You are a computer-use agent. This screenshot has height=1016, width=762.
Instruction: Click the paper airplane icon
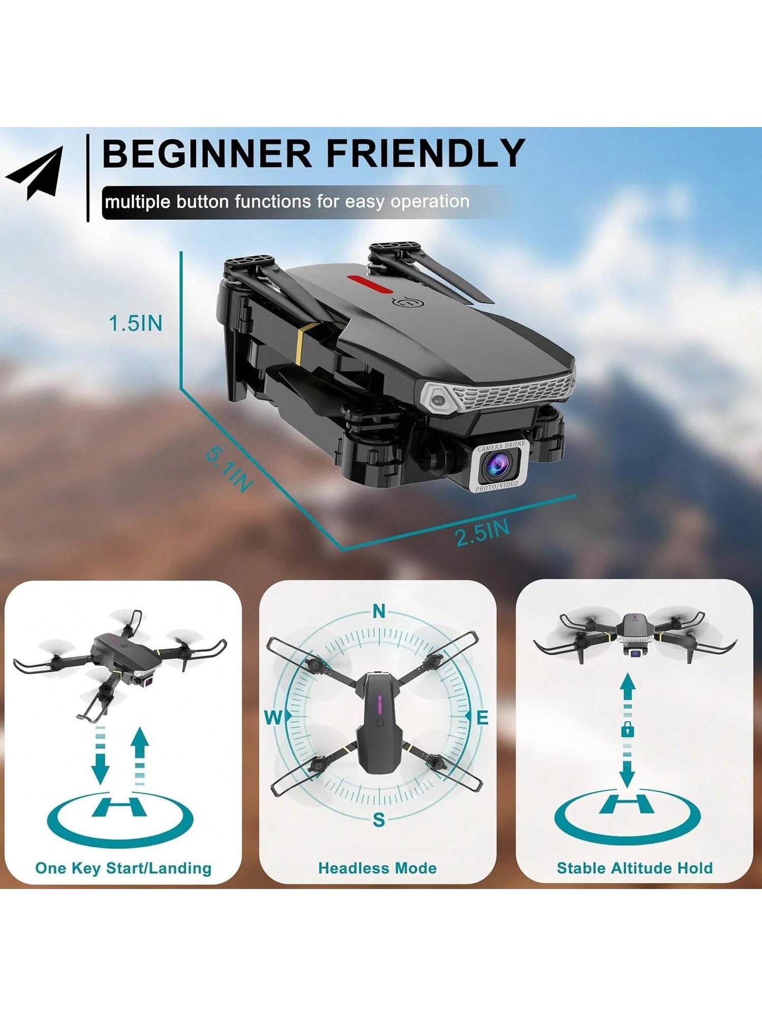(x=36, y=174)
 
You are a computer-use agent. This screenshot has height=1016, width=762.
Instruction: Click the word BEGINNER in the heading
(x=207, y=153)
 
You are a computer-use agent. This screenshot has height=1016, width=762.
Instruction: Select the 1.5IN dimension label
(x=136, y=323)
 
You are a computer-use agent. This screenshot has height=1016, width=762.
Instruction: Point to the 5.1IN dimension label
(x=228, y=469)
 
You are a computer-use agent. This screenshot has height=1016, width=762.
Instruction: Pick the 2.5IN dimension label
(x=483, y=533)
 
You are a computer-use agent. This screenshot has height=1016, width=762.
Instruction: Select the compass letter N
(x=379, y=612)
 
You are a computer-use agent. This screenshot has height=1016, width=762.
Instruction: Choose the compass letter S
(x=379, y=820)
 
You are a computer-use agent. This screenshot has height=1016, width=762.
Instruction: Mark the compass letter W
(x=273, y=717)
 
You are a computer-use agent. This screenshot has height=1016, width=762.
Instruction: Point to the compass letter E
(x=483, y=718)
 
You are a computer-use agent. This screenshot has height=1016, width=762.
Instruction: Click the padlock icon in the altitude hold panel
(x=628, y=730)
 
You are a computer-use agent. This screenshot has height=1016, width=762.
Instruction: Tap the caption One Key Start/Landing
(x=123, y=868)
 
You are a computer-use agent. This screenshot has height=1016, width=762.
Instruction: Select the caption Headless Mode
(x=378, y=868)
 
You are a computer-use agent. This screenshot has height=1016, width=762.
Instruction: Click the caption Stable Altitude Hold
(x=635, y=868)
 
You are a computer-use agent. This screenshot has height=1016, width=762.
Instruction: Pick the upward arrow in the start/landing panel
(x=140, y=756)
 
